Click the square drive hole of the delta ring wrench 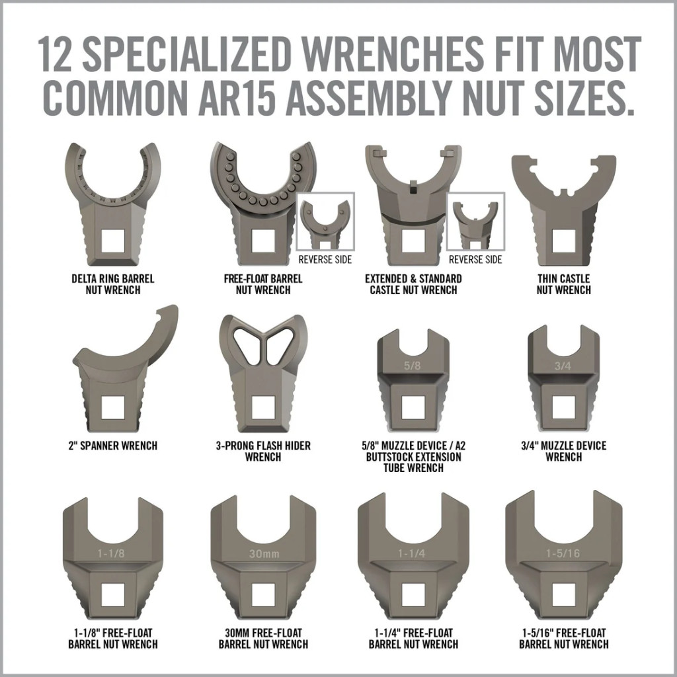112,241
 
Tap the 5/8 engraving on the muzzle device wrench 412,366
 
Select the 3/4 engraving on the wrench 563,366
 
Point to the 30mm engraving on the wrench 264,553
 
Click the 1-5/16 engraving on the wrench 563,553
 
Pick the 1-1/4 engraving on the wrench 412,553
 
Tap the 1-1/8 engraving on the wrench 111,553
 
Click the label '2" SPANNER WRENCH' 112,446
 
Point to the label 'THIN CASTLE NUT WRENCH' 563,284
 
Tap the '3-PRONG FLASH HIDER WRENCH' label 263,451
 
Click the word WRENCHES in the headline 391,54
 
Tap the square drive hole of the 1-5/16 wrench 563,594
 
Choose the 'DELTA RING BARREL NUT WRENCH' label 112,284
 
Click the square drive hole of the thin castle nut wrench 563,241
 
